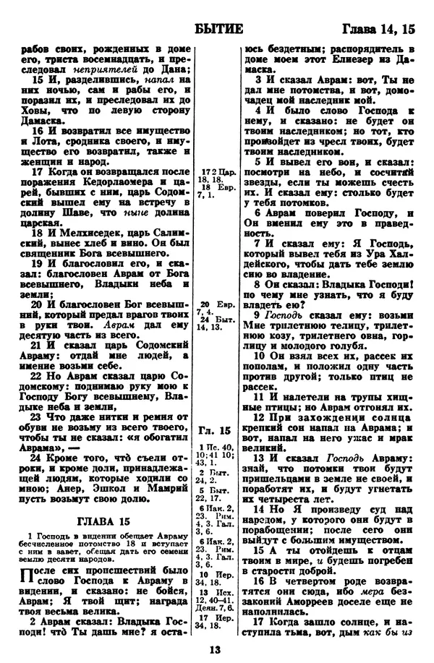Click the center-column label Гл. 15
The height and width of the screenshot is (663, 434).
(215, 432)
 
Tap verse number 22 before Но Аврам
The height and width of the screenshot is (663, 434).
(37, 375)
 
